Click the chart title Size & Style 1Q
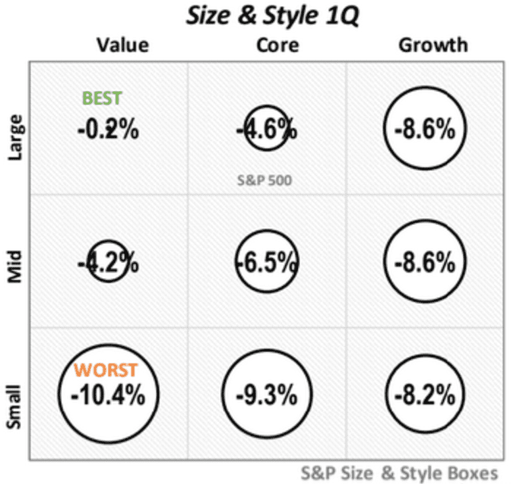271,16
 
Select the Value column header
122,45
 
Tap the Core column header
277,45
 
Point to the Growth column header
433,45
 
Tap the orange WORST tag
105,370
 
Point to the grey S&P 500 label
264,180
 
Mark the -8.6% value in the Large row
425,129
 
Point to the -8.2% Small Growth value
425,396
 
